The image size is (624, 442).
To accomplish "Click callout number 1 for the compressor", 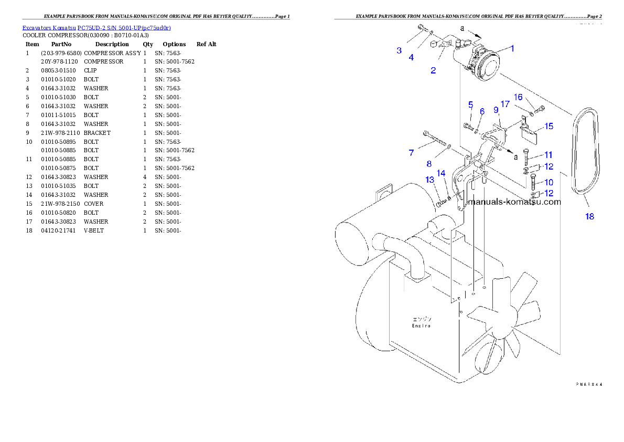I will (x=512, y=49).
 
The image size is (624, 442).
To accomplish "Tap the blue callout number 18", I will (x=590, y=216).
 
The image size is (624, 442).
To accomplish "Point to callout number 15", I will (x=548, y=126).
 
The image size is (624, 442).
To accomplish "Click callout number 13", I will (x=430, y=180).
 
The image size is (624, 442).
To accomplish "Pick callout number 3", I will (x=399, y=50).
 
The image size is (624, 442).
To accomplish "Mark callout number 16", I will (x=518, y=97).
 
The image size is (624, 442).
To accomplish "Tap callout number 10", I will (x=548, y=182).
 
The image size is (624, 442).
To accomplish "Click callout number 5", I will (x=471, y=104).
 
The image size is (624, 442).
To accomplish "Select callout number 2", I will (x=433, y=71).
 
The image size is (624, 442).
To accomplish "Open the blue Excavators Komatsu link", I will (x=96, y=27).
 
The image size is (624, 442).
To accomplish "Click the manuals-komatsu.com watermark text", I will (x=514, y=202).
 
